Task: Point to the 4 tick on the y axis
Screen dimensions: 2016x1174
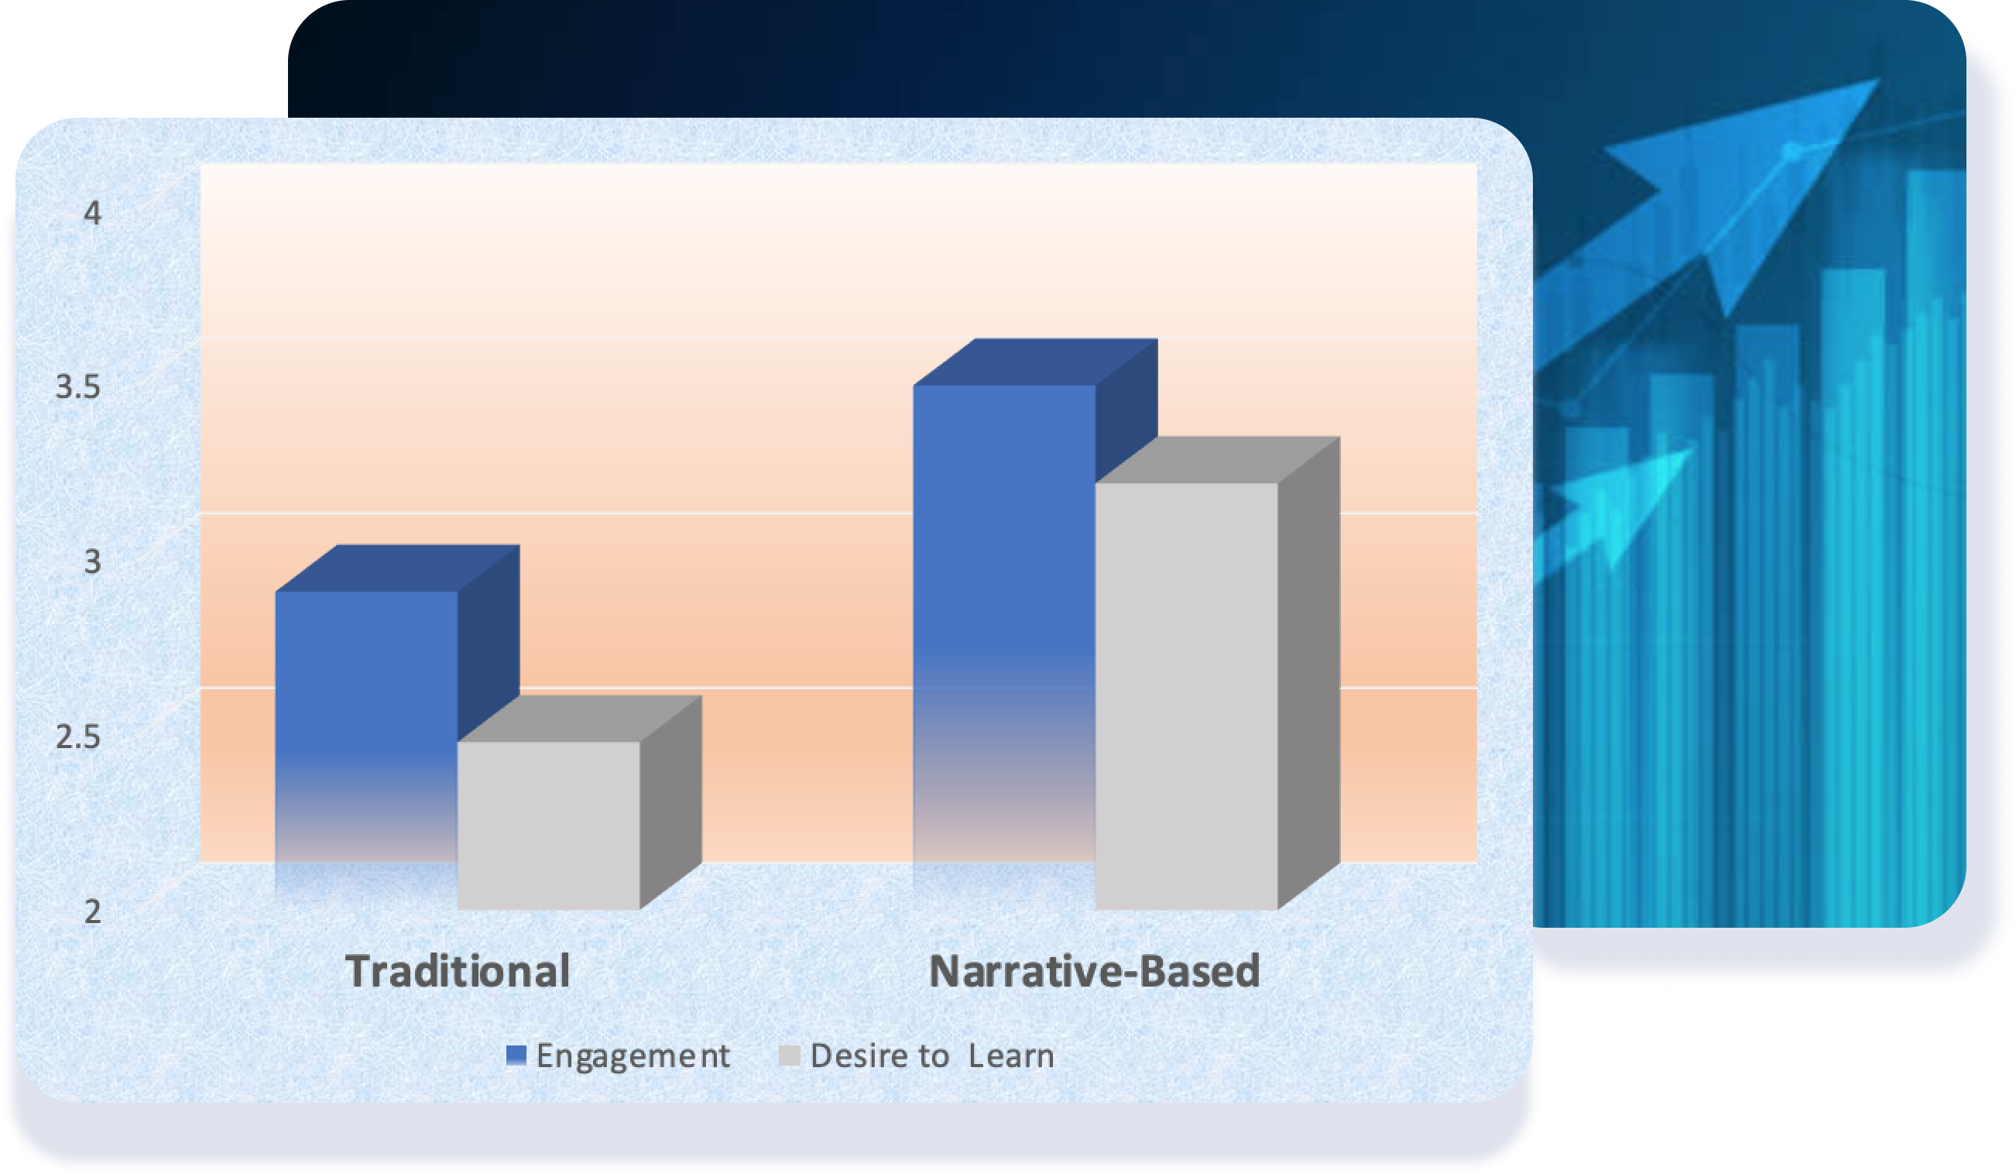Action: tap(93, 214)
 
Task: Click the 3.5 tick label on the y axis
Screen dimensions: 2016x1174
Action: tap(78, 388)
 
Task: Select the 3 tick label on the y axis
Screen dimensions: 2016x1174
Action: tap(93, 562)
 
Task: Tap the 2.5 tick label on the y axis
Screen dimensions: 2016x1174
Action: tap(78, 737)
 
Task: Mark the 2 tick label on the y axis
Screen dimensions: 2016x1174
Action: tap(93, 911)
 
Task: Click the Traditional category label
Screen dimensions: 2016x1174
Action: tap(458, 972)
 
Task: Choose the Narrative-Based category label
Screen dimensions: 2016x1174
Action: tap(1095, 972)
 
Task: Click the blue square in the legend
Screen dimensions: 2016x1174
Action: tap(517, 1056)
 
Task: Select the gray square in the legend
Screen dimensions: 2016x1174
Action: tap(790, 1056)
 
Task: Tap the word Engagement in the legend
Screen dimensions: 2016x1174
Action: tap(633, 1056)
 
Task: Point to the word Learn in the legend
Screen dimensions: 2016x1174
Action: tap(1011, 1056)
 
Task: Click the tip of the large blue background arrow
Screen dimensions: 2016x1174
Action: tap(1879, 78)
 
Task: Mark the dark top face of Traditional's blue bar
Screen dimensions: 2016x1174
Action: tap(398, 568)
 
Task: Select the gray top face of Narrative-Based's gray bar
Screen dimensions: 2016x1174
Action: tap(1218, 459)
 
